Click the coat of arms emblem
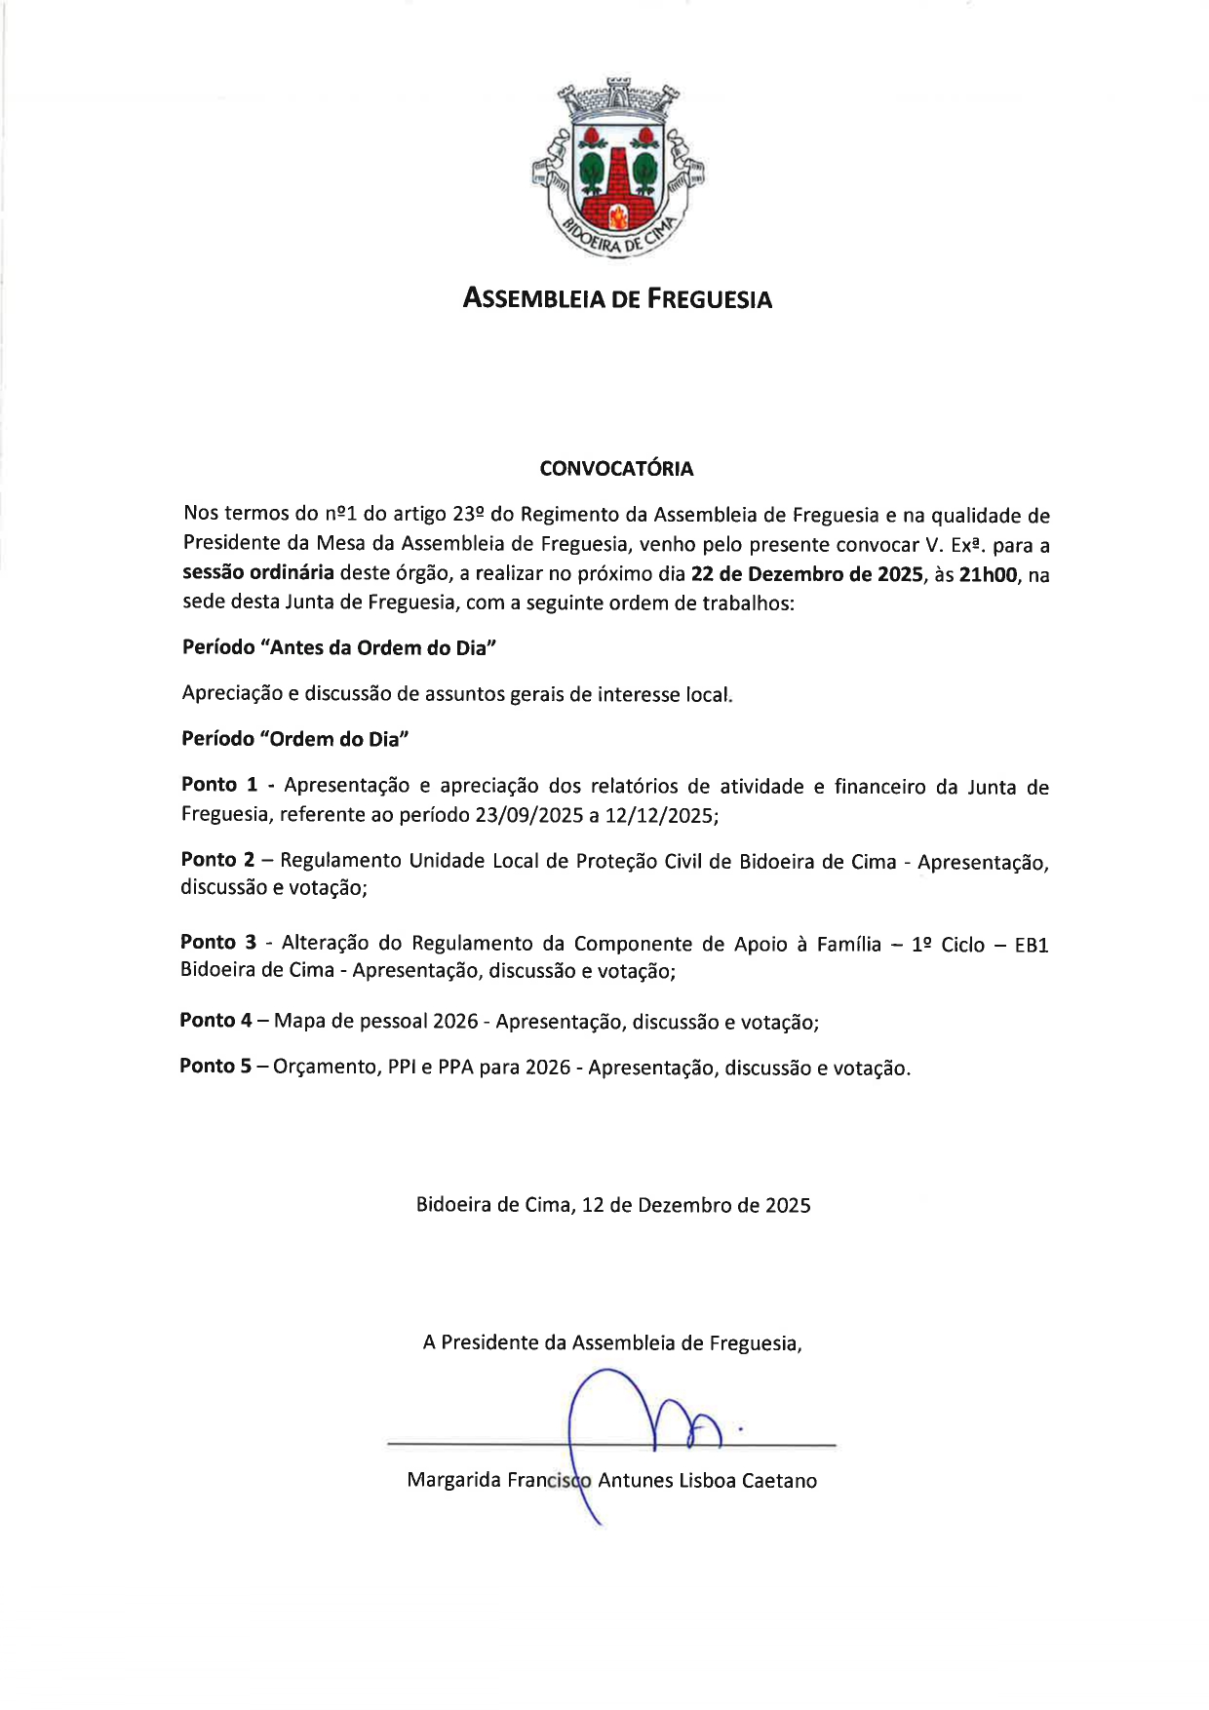click(617, 168)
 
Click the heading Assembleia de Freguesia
click(617, 299)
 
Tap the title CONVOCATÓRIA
click(616, 469)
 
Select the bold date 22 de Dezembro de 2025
click(806, 574)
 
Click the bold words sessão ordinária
click(258, 572)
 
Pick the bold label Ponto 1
click(219, 785)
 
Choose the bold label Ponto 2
click(218, 860)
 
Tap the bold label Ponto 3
click(218, 942)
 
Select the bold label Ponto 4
click(215, 1021)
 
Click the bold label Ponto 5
click(215, 1067)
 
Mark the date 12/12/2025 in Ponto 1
click(660, 815)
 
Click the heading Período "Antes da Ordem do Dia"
click(339, 648)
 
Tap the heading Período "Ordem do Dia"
click(294, 739)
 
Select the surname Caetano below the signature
click(779, 1481)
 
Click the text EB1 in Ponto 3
click(1031, 945)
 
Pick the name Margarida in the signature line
click(453, 1481)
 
